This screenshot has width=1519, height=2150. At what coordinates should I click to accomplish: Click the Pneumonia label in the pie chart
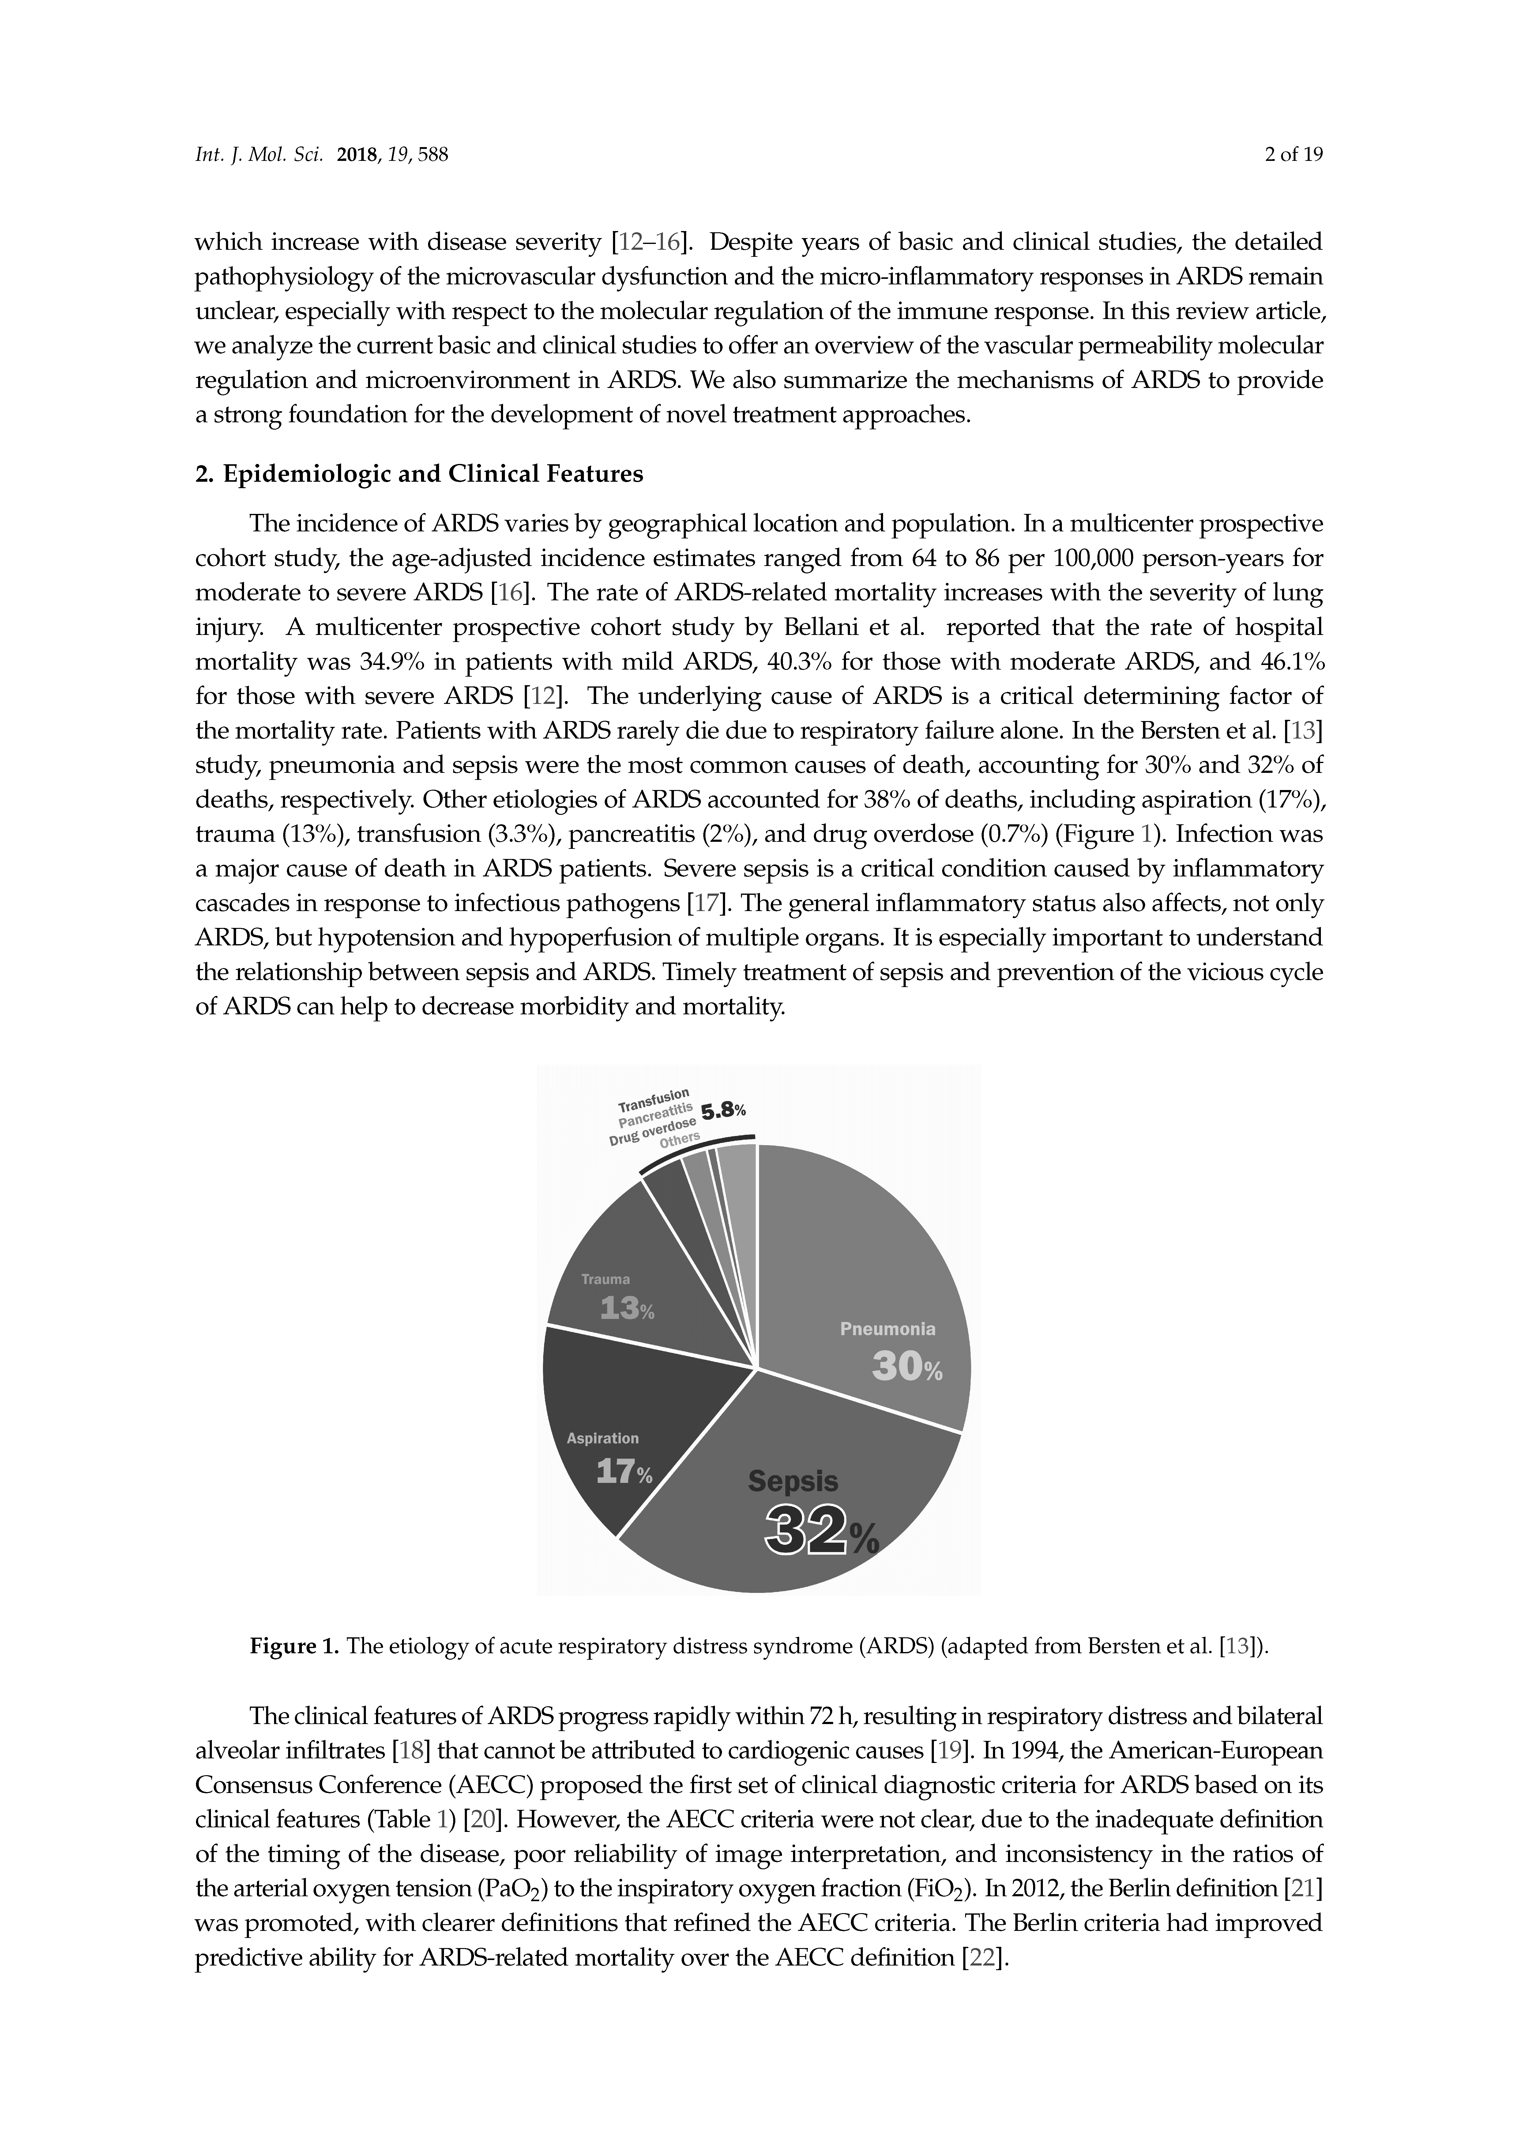click(887, 1329)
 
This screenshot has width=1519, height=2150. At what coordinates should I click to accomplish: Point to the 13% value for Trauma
click(626, 1308)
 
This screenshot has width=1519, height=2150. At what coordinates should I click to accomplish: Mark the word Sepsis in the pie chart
click(793, 1480)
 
